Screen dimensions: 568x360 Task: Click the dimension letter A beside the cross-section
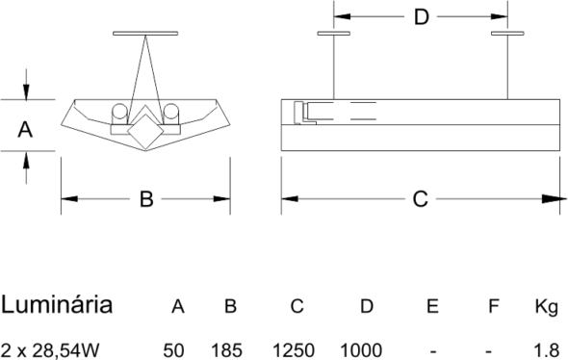(25, 130)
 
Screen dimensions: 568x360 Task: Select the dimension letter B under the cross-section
(146, 199)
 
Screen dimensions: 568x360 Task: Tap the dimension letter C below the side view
(420, 199)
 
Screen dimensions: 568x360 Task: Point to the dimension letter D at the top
(422, 16)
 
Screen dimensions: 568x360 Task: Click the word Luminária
(57, 304)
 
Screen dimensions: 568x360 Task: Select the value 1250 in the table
(294, 350)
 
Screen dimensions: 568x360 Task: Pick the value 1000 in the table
(361, 350)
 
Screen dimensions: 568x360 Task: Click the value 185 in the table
(227, 350)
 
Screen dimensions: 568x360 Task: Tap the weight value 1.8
(547, 350)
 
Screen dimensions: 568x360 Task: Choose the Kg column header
(547, 307)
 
